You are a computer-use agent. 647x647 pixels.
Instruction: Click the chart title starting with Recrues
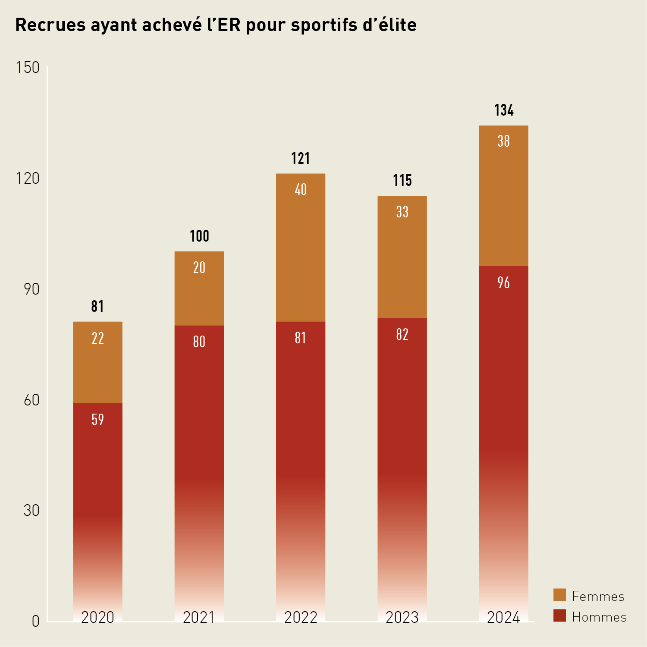pyautogui.click(x=216, y=25)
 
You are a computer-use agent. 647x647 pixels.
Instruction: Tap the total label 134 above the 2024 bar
pyautogui.click(x=504, y=110)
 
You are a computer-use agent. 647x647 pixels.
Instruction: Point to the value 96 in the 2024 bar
pyautogui.click(x=504, y=283)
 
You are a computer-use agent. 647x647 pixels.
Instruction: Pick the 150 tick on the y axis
pyautogui.click(x=28, y=68)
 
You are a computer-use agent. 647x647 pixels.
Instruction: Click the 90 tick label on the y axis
pyautogui.click(x=31, y=289)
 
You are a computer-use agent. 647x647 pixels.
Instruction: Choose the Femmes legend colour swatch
pyautogui.click(x=559, y=595)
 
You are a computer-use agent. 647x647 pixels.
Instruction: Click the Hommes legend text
pyautogui.click(x=599, y=617)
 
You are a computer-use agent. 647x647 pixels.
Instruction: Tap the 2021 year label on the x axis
pyautogui.click(x=199, y=618)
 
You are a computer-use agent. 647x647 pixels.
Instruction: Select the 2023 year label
pyautogui.click(x=402, y=618)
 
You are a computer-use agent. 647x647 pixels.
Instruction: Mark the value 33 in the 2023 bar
pyautogui.click(x=402, y=212)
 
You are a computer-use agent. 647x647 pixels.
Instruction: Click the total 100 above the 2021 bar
pyautogui.click(x=199, y=236)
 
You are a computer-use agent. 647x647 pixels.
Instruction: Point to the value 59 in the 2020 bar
pyautogui.click(x=98, y=420)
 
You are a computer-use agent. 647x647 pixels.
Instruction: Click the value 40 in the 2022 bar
pyautogui.click(x=301, y=190)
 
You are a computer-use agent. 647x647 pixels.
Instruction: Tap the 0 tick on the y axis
pyautogui.click(x=35, y=622)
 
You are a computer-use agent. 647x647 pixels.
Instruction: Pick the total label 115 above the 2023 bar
pyautogui.click(x=402, y=181)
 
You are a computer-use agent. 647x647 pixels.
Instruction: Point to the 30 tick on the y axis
pyautogui.click(x=31, y=511)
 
